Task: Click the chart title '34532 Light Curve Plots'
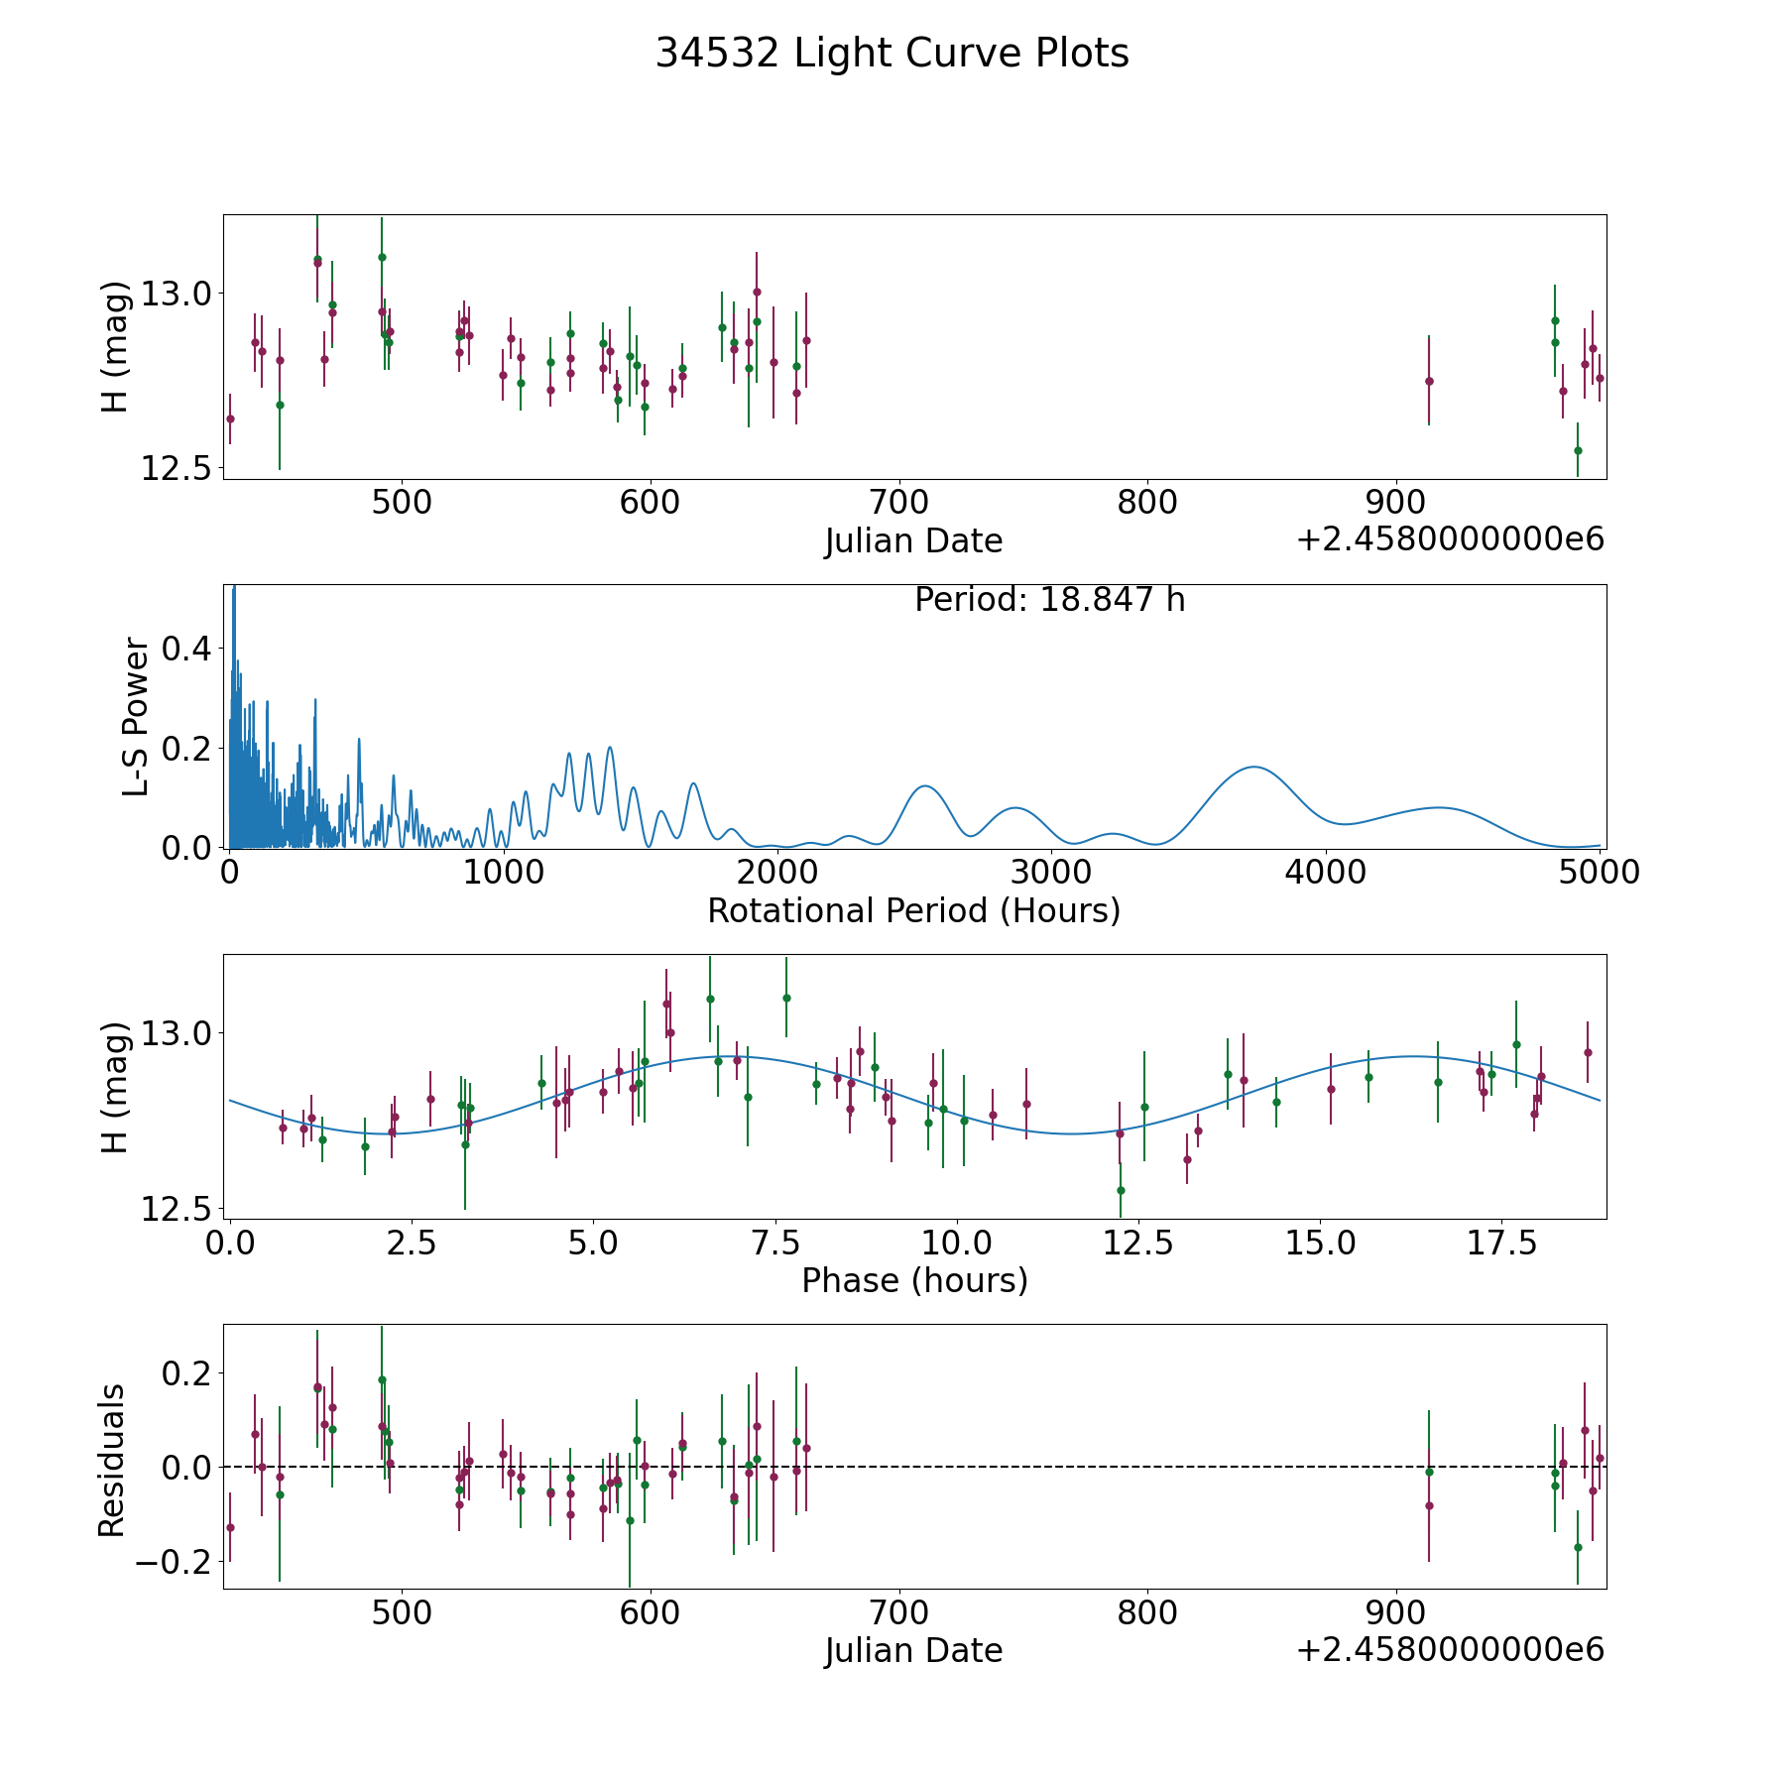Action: point(892,54)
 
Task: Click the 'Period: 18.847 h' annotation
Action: point(1049,600)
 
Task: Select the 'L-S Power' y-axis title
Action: point(136,717)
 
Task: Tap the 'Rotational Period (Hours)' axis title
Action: point(913,910)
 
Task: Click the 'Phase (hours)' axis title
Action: point(914,1280)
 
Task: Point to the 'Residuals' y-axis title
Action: point(112,1461)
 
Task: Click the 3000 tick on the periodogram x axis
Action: point(1051,873)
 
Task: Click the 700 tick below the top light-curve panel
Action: point(898,503)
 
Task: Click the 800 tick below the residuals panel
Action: point(1147,1613)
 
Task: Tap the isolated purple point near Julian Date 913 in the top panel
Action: point(1429,381)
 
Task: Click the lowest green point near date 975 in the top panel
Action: point(1578,450)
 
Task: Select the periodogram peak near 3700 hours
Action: point(1254,767)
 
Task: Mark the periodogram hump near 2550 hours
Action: point(925,785)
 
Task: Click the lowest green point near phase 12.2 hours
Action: point(1121,1190)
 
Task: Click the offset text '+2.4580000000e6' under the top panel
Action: point(1450,540)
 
